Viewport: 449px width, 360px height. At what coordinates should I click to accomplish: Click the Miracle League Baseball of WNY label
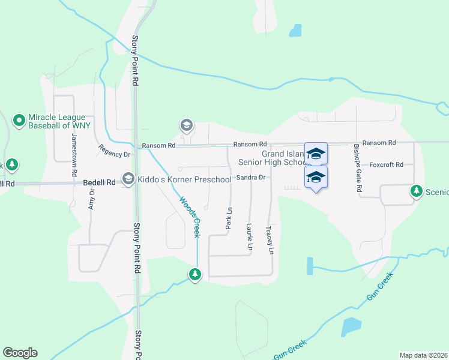pyautogui.click(x=60, y=121)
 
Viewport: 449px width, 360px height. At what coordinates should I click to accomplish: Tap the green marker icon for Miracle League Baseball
pyautogui.click(x=19, y=121)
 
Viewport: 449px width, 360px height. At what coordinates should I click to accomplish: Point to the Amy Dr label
pyautogui.click(x=92, y=199)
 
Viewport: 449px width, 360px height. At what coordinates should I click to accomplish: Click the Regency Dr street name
pyautogui.click(x=114, y=151)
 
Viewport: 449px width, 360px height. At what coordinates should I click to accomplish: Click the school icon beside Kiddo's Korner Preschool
pyautogui.click(x=128, y=179)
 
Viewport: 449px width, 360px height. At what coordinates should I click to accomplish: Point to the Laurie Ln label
pyautogui.click(x=249, y=236)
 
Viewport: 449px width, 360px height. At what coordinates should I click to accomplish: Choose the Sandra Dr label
pyautogui.click(x=251, y=178)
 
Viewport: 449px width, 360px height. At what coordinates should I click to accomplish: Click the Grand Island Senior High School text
pyautogui.click(x=273, y=158)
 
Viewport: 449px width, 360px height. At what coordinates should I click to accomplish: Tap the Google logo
pyautogui.click(x=20, y=353)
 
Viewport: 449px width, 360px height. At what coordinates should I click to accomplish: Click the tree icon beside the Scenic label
pyautogui.click(x=416, y=191)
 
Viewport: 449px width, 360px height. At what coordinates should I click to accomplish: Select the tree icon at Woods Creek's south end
pyautogui.click(x=194, y=275)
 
